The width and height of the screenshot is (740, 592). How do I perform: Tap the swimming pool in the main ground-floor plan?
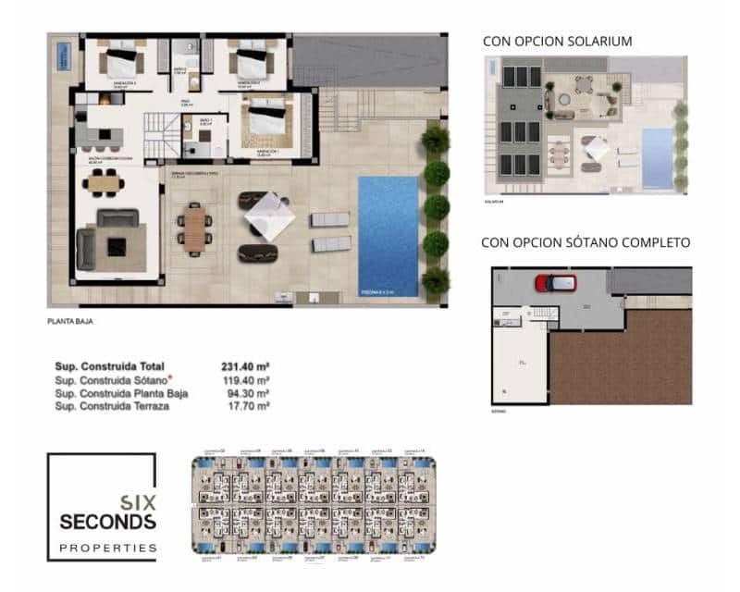[388, 236]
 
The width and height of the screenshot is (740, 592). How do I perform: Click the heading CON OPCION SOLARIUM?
[558, 42]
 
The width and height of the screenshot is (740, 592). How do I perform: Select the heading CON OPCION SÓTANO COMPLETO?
[586, 243]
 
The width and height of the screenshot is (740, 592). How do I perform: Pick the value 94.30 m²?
[249, 393]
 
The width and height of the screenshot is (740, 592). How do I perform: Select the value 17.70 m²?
[249, 406]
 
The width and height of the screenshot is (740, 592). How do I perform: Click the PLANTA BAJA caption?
[70, 322]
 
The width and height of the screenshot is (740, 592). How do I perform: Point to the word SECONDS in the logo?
[107, 523]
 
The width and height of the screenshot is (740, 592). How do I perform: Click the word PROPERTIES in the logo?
[107, 548]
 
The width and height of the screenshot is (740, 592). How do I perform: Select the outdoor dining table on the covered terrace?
[194, 228]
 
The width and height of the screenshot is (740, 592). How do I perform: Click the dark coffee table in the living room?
[117, 247]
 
